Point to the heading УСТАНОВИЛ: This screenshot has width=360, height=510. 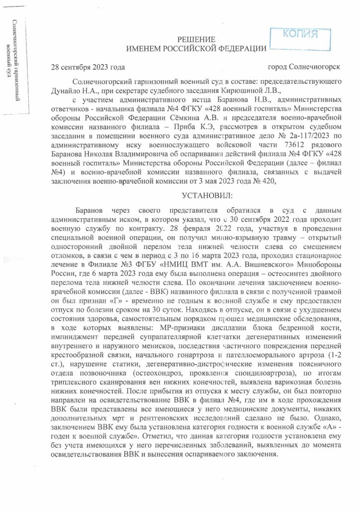pyautogui.click(x=197, y=194)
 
